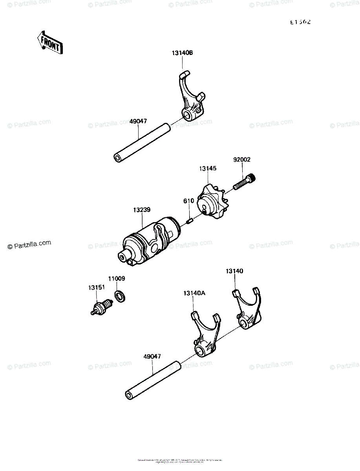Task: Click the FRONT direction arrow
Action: point(49,42)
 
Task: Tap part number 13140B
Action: point(182,53)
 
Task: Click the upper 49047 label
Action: point(138,122)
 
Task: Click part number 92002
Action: point(241,160)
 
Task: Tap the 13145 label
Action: point(208,168)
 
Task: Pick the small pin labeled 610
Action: point(189,221)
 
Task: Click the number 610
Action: point(188,201)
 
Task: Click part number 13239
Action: point(141,210)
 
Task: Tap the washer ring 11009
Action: point(120,296)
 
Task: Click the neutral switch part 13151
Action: point(101,306)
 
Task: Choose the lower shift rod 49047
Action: point(153,379)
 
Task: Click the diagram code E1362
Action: point(300,22)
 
